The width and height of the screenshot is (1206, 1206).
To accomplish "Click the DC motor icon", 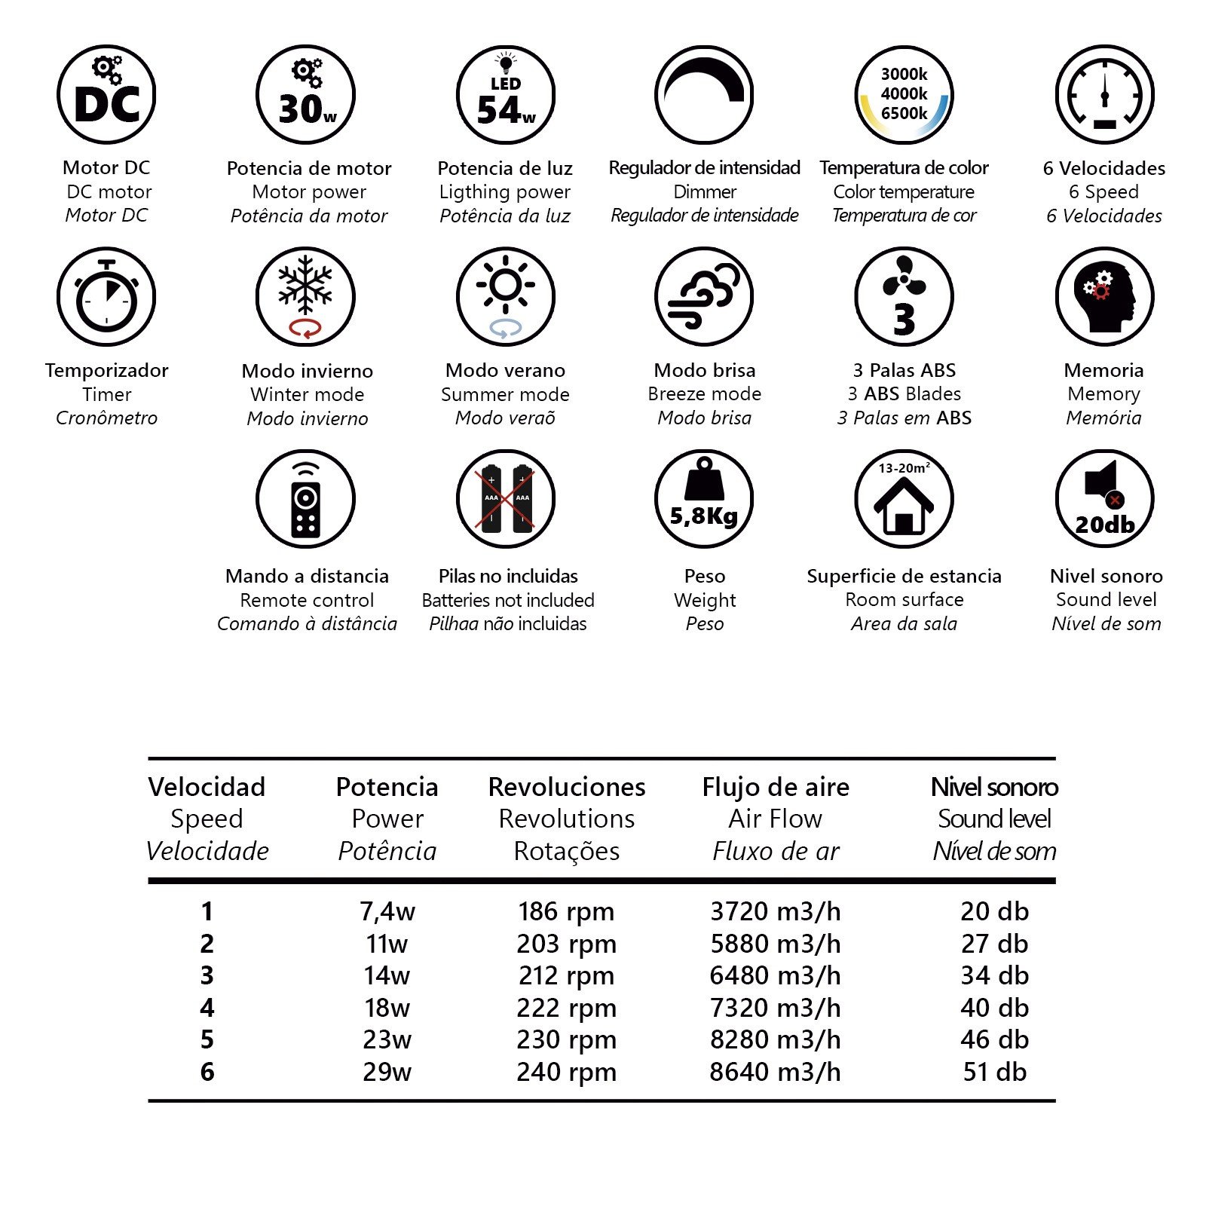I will pos(106,95).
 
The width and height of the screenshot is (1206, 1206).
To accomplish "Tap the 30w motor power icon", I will pos(305,95).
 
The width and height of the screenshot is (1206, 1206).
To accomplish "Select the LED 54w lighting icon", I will pos(505,95).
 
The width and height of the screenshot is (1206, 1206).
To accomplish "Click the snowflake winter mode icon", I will pos(305,296).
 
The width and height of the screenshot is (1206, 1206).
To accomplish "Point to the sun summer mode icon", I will pos(505,296).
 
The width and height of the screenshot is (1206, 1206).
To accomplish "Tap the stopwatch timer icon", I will pos(106,296).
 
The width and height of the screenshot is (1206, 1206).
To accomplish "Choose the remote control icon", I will pos(305,498).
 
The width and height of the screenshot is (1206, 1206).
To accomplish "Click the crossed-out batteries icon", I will pos(505,498).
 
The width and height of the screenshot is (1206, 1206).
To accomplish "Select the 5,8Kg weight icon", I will pos(704,498).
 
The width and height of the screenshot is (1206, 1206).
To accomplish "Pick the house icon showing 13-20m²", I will pos(904,498).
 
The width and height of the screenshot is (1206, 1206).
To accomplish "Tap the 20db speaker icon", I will pos(1104,498).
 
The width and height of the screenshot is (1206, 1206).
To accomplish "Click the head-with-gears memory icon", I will pos(1104,296).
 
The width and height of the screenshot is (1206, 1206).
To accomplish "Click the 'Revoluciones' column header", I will pos(567,787).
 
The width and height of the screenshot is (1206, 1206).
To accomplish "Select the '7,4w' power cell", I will pos(387,911).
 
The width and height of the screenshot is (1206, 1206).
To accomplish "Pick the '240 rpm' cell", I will pos(567,1072).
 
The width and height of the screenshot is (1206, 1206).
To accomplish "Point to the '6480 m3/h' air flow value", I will pos(775,975).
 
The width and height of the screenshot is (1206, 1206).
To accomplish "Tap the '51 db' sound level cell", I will pos(994,1072).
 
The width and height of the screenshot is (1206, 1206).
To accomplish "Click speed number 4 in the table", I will pos(207,1008).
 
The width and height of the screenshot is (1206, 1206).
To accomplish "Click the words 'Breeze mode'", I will pos(704,394).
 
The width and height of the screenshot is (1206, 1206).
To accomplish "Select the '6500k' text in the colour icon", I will pos(904,114).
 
